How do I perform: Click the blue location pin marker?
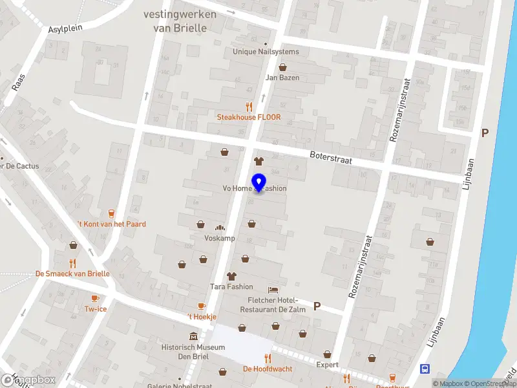pos(258,183)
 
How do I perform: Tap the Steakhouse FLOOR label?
pos(248,117)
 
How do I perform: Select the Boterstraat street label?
pos(330,157)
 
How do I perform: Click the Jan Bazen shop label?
pos(282,78)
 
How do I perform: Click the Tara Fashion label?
pos(231,286)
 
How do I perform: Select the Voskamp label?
pos(219,238)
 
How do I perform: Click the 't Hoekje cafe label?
pos(201,317)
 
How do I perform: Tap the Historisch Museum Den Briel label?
pos(193,352)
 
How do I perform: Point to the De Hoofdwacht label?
pos(268,369)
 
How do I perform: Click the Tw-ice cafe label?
pos(95,309)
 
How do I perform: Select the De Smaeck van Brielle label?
pos(72,274)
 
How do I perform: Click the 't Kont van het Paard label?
pos(111,224)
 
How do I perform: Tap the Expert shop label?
pos(327,365)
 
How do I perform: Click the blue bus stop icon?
pos(425,369)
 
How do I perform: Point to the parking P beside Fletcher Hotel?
pos(317,306)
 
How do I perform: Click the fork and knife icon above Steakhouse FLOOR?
pos(249,107)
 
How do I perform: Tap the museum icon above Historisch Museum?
pos(193,337)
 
